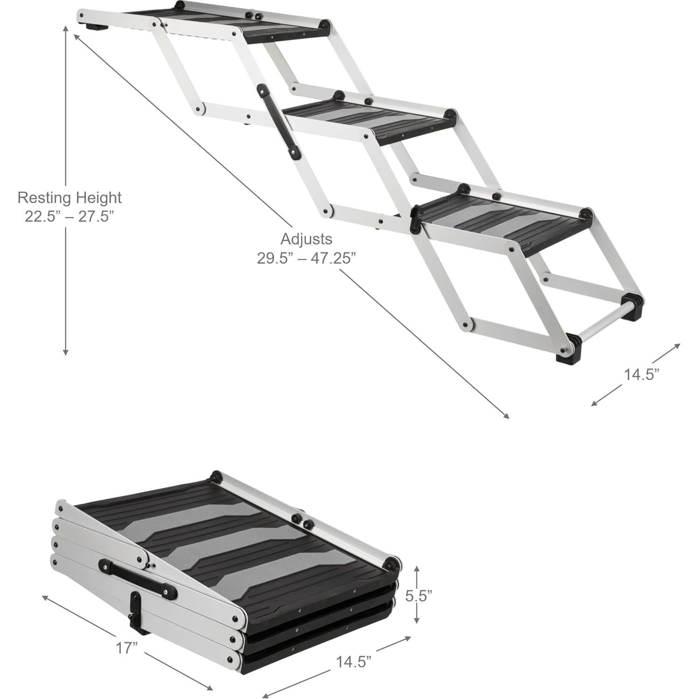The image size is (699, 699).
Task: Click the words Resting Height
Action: click(70, 197)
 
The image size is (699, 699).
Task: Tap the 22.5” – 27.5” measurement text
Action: click(70, 217)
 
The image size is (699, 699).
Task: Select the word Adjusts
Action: click(306, 239)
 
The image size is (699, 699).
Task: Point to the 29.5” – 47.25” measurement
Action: click(306, 258)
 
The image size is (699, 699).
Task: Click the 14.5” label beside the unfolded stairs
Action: click(642, 374)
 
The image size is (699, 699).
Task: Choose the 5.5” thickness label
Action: click(418, 596)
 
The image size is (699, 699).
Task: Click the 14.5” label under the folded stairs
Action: click(354, 661)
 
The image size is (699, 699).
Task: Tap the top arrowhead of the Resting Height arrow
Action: click(66, 27)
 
